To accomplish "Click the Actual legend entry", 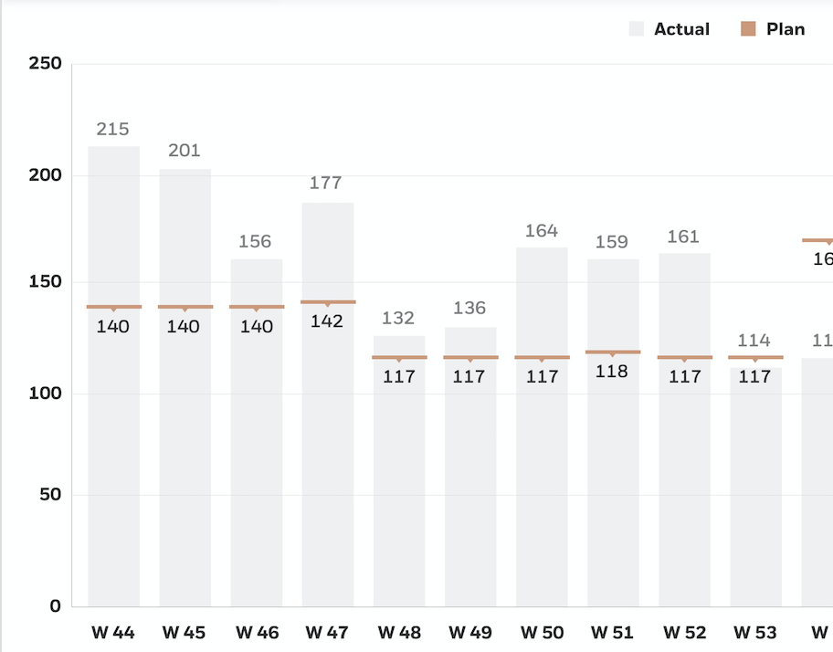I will (670, 29).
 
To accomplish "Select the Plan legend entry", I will (773, 29).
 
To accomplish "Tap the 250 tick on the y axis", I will (46, 64).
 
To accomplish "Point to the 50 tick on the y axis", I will (50, 495).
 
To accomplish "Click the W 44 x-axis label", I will (113, 632).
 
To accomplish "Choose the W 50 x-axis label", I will (542, 632).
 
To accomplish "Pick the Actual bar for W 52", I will (684, 457).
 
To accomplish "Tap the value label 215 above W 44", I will (112, 130).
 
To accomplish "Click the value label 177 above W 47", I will (326, 183).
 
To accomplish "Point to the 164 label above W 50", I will (542, 230).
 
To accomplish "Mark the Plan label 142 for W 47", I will (327, 321).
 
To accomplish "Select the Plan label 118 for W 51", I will (613, 372).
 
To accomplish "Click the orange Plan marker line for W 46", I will (257, 307).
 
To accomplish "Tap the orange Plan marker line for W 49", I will (470, 357).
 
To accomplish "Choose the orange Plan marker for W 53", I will (755, 357).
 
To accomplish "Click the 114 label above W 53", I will (754, 341).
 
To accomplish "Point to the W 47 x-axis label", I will (327, 632).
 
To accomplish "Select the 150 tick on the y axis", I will (46, 282).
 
